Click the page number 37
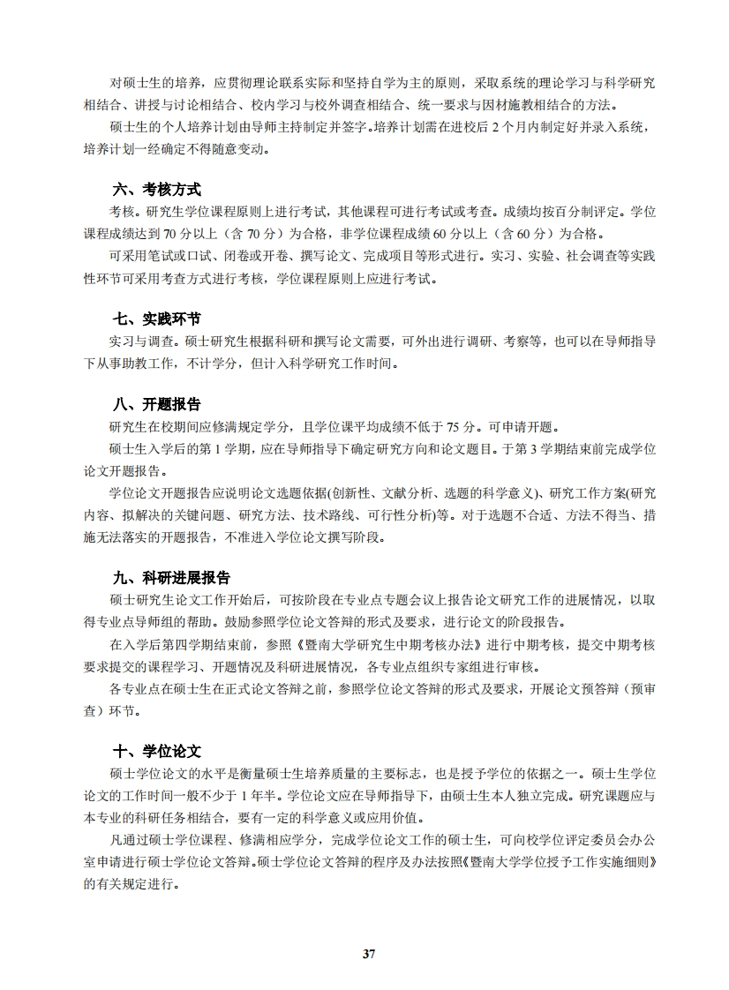369,953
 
